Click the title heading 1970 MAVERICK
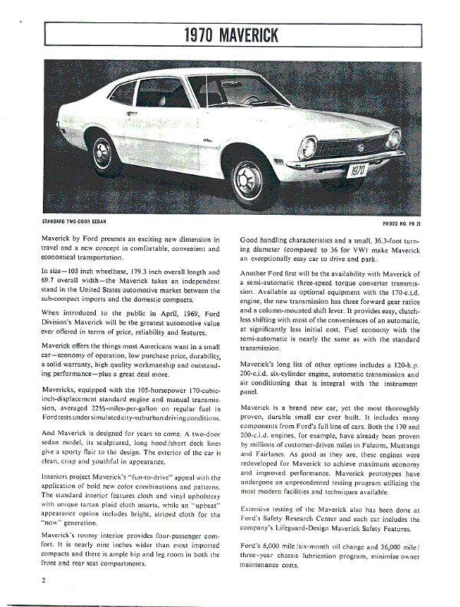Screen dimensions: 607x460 point(231,35)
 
